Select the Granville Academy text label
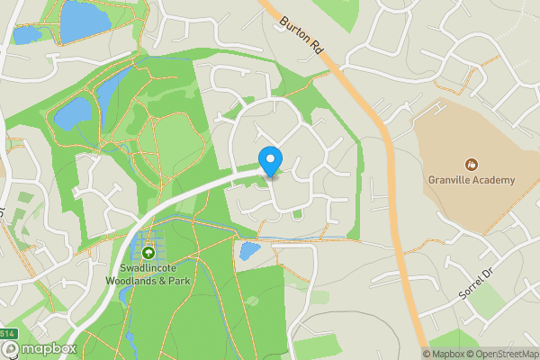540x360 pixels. pyautogui.click(x=472, y=180)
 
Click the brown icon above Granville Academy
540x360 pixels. pyautogui.click(x=471, y=164)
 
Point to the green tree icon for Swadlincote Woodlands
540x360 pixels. pyautogui.click(x=148, y=252)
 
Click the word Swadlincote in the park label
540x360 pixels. pyautogui.click(x=148, y=267)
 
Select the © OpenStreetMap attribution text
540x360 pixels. pyautogui.click(x=502, y=354)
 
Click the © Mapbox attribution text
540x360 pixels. pyautogui.click(x=443, y=354)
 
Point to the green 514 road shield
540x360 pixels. pyautogui.click(x=8, y=335)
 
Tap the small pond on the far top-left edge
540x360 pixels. pyautogui.click(x=25, y=34)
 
